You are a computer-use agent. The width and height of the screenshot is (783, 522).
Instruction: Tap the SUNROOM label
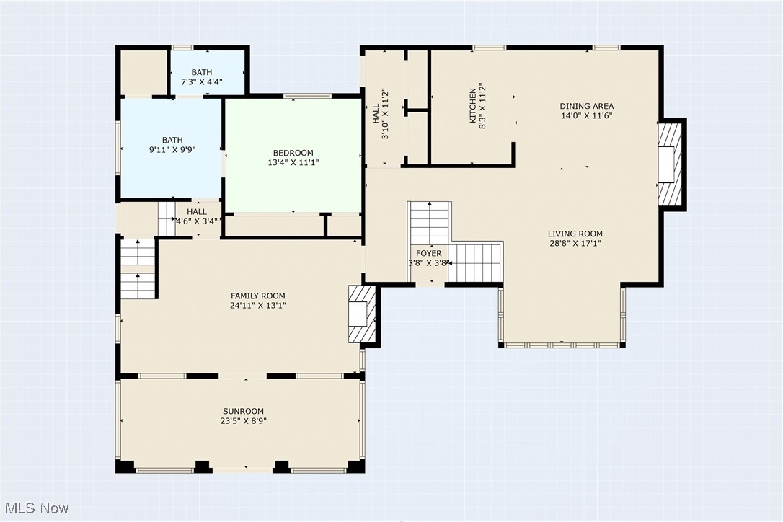pyautogui.click(x=242, y=411)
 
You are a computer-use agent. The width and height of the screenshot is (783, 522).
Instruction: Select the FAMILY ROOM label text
pyautogui.click(x=257, y=296)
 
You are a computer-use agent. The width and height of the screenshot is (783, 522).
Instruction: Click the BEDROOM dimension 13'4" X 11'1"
pyautogui.click(x=293, y=163)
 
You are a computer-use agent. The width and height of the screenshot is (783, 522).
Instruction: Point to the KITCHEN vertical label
pyautogui.click(x=473, y=105)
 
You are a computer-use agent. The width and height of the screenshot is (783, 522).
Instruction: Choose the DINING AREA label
pyautogui.click(x=587, y=106)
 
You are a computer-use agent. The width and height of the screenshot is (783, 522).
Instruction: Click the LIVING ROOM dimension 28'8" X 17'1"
pyautogui.click(x=575, y=244)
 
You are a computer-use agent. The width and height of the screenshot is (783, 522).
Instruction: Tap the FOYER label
pyautogui.click(x=429, y=254)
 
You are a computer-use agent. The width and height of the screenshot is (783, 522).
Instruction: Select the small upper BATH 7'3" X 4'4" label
pyautogui.click(x=201, y=73)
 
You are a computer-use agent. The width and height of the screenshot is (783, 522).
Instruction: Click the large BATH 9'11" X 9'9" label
pyautogui.click(x=172, y=140)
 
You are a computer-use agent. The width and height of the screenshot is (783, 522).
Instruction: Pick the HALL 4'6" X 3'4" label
pyautogui.click(x=196, y=212)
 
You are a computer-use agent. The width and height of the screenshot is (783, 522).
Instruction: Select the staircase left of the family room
pyautogui.click(x=138, y=268)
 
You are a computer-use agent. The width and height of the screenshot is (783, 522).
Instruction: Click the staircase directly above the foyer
pyautogui.click(x=430, y=223)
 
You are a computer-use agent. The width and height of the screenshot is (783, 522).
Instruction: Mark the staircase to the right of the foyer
pyautogui.click(x=474, y=263)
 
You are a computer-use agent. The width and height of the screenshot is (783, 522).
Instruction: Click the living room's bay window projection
pyautogui.click(x=561, y=317)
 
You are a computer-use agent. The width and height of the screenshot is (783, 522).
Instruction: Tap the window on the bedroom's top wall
pyautogui.click(x=307, y=96)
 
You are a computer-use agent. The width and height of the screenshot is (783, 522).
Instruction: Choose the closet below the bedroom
pyautogui.click(x=274, y=226)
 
